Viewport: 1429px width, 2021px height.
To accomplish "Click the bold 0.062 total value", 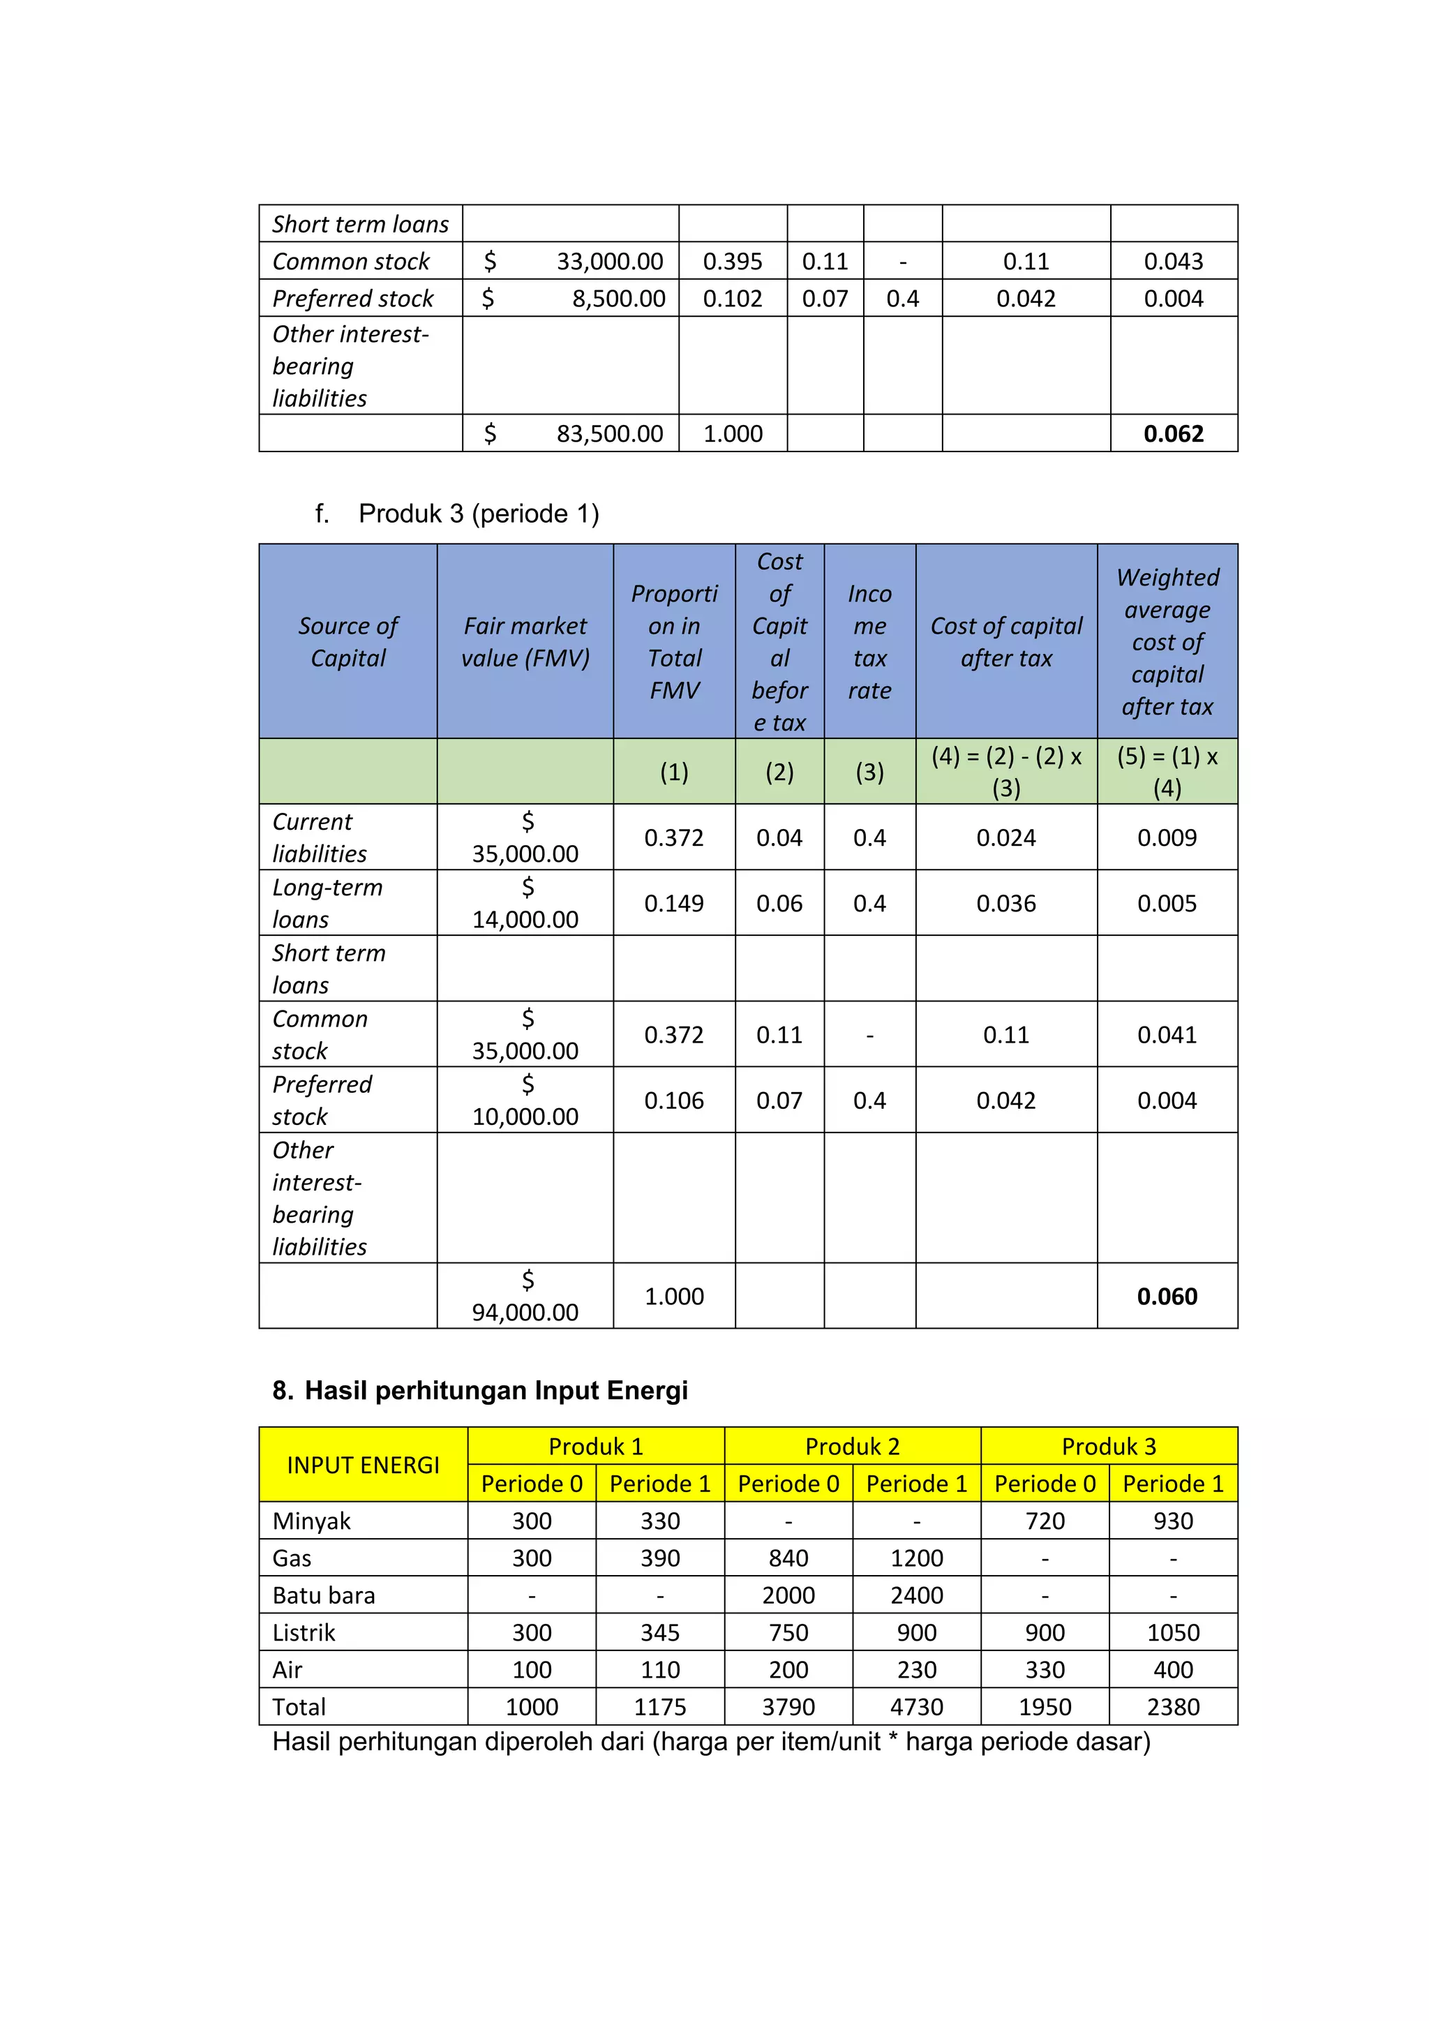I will (x=1173, y=433).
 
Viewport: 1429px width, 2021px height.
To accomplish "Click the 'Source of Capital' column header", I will (x=347, y=642).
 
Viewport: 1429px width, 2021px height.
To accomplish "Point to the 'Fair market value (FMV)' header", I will (x=525, y=642).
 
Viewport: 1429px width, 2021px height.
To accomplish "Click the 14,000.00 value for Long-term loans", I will (x=525, y=919).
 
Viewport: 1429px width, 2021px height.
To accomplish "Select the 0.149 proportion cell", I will (x=674, y=903).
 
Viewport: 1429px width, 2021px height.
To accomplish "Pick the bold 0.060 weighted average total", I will (x=1167, y=1296).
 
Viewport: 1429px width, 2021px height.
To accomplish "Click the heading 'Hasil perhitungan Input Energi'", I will (x=496, y=1390).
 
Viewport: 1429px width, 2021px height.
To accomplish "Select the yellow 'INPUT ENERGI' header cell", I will (x=363, y=1465).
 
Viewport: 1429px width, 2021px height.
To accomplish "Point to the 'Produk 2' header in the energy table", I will (x=852, y=1446).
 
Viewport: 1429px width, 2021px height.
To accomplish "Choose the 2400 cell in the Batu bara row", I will (x=916, y=1595).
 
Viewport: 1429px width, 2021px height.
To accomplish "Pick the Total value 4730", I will (x=916, y=1707).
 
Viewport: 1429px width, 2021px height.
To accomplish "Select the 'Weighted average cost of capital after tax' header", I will (x=1167, y=642).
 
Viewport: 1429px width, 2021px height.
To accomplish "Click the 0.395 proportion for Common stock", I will (x=732, y=262).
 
